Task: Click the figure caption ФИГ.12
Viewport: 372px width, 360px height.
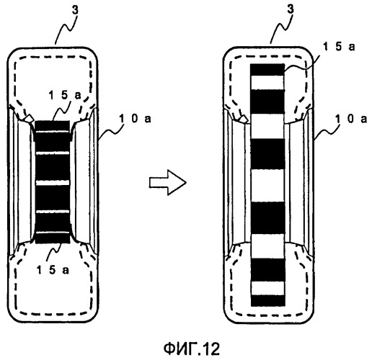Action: (x=192, y=348)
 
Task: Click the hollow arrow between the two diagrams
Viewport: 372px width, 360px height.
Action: (x=168, y=182)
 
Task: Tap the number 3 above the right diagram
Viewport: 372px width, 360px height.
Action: (x=291, y=9)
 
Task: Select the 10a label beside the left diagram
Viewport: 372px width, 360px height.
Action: (x=135, y=118)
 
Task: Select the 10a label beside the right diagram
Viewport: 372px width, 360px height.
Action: (x=351, y=119)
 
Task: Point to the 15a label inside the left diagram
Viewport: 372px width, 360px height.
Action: (x=65, y=95)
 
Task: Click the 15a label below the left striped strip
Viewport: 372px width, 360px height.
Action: (x=53, y=270)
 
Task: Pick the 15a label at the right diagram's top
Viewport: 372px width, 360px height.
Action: (x=339, y=47)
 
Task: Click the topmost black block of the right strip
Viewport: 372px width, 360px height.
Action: (x=267, y=70)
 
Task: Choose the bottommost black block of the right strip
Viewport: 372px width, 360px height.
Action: (x=267, y=301)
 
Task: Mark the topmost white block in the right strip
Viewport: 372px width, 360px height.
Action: (x=267, y=83)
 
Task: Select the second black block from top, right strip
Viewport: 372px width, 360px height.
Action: (x=267, y=102)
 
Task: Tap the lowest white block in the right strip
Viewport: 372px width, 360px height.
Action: (x=267, y=288)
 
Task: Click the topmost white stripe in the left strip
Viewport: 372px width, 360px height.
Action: (x=53, y=132)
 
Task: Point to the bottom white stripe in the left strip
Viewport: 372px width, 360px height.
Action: (x=53, y=233)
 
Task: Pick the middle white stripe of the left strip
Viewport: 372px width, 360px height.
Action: (x=53, y=183)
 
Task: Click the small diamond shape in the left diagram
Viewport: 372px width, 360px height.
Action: (x=30, y=118)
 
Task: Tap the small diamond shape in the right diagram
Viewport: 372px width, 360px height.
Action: (x=243, y=118)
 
